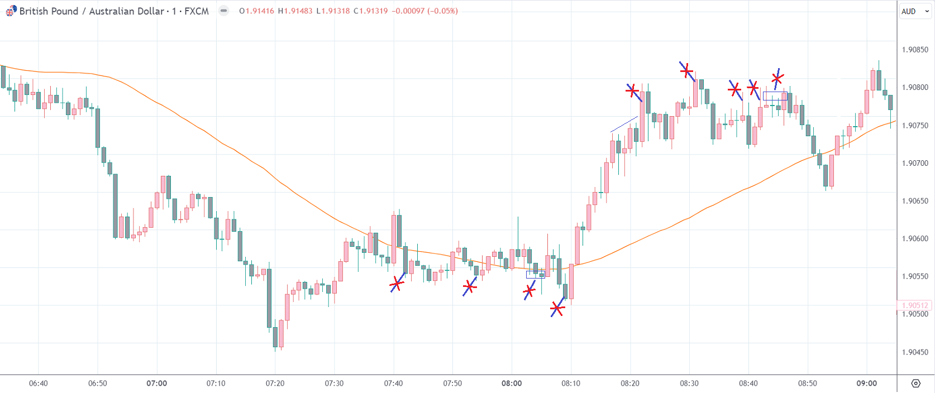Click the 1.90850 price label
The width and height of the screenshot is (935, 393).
tap(915, 50)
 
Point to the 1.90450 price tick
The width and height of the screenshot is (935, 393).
tap(915, 352)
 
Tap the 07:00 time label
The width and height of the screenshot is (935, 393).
tap(157, 384)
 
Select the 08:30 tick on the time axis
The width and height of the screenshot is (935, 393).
tap(689, 384)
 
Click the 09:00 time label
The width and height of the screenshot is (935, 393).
tap(867, 384)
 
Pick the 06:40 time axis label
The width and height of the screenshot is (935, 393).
tap(39, 384)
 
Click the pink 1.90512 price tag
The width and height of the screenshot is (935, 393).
tap(915, 305)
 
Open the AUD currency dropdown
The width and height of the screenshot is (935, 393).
tap(915, 11)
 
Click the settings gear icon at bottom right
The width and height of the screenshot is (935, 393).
tap(915, 384)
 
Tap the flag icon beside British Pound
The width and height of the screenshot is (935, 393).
tap(11, 11)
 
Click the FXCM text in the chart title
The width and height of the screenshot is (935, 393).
tap(197, 11)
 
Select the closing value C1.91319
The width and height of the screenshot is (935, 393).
tap(371, 11)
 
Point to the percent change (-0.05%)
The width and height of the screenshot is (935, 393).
tap(442, 11)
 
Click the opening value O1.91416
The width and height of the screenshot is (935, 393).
tap(256, 11)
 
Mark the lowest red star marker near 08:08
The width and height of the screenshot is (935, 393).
tap(557, 308)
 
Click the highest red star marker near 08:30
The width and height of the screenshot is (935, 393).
tap(686, 71)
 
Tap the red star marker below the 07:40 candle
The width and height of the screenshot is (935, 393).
tap(397, 284)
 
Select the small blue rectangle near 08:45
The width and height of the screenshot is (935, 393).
tap(775, 96)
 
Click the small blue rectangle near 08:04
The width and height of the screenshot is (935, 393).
tap(535, 275)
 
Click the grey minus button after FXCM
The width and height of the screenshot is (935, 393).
tap(224, 11)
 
